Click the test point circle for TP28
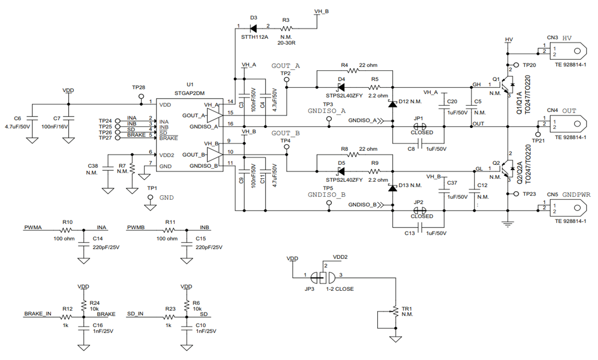click(x=139, y=95)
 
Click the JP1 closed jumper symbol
click(x=419, y=126)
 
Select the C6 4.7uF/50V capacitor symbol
click(x=31, y=118)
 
